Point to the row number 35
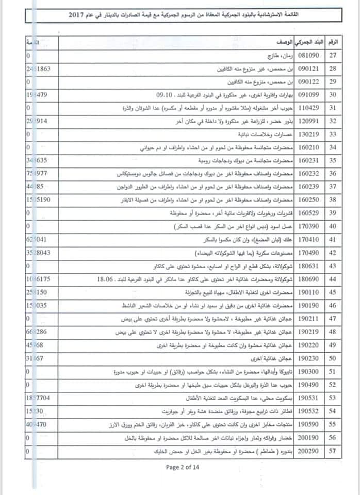point(334,160)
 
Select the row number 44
point(334,278)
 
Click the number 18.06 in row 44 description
point(106,278)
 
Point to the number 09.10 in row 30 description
point(166,94)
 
